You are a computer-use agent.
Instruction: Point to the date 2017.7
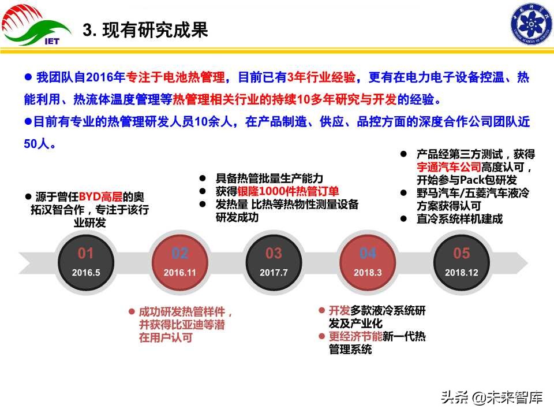click(274, 273)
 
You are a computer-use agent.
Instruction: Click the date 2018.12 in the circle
click(461, 273)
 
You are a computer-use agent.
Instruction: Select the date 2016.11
click(180, 273)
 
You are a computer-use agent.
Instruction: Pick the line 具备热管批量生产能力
click(269, 178)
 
